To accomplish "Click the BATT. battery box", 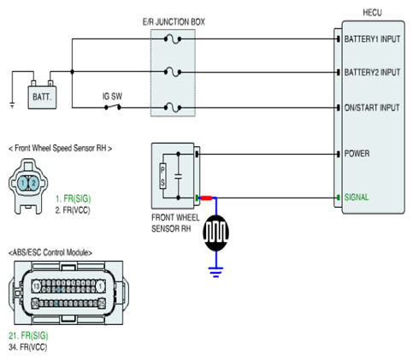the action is (x=42, y=97).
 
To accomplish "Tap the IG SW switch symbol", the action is (x=113, y=107).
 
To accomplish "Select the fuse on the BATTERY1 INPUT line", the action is (x=173, y=38).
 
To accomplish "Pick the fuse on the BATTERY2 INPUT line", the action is (x=173, y=72).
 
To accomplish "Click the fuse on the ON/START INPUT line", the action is (x=173, y=108).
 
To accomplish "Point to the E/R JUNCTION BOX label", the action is (x=174, y=22).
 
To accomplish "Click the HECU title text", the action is (x=372, y=13).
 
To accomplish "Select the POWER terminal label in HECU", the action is (x=357, y=154).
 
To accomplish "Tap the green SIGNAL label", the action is (x=357, y=198).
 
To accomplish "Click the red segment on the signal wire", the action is (x=206, y=198).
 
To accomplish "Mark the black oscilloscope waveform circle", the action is (x=215, y=233).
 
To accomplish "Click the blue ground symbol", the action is (x=215, y=272).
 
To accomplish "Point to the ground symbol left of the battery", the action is (x=12, y=105).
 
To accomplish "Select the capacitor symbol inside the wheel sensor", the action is (x=178, y=176).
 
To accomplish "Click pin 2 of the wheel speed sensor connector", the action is (x=33, y=183).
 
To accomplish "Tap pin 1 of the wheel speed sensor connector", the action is (x=23, y=183).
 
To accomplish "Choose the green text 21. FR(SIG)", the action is (x=28, y=336).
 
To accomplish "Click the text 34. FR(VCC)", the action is (x=27, y=347).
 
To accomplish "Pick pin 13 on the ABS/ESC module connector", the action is (x=37, y=286).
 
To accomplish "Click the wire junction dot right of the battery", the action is (x=72, y=72).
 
